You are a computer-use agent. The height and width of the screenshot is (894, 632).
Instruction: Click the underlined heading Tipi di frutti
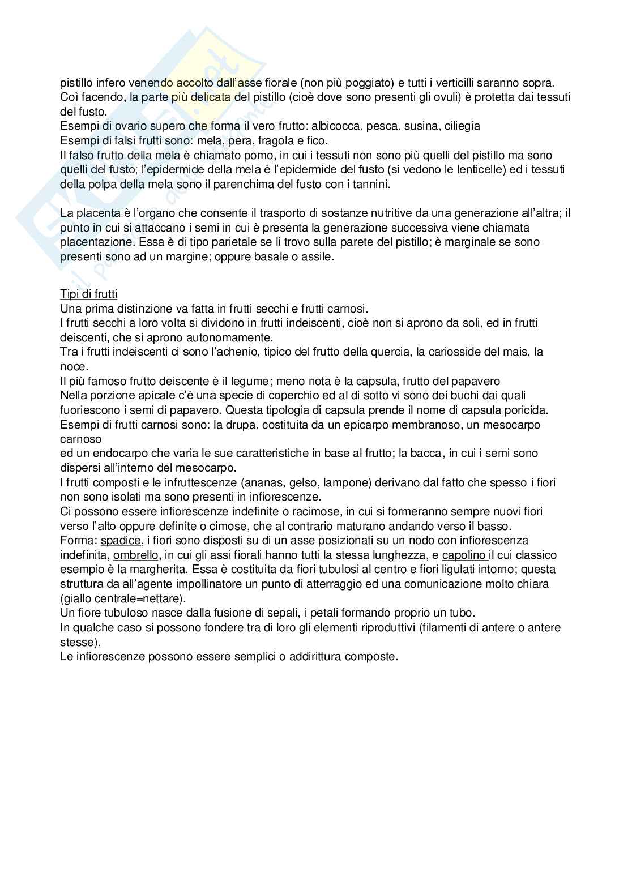point(89,294)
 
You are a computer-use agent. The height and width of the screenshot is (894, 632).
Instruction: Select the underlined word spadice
point(121,540)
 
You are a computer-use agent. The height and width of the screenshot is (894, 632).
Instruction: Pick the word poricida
point(527,409)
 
